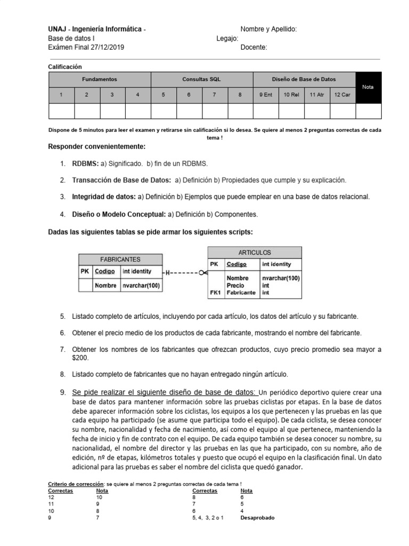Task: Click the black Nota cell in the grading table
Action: click(368, 87)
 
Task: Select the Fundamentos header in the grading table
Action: click(100, 79)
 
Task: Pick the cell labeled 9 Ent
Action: click(266, 95)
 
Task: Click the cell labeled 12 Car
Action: click(342, 95)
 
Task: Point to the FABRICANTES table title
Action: click(120, 260)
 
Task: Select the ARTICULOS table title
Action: click(255, 253)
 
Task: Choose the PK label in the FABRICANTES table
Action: click(85, 271)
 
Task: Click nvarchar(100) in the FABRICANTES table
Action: click(141, 286)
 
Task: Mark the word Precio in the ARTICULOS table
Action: click(235, 286)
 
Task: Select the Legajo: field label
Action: click(227, 38)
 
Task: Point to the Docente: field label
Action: click(253, 47)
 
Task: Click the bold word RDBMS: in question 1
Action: click(86, 164)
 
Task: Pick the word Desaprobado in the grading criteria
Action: click(257, 518)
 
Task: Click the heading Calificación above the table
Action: click(65, 67)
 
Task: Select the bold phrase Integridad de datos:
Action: click(104, 197)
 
